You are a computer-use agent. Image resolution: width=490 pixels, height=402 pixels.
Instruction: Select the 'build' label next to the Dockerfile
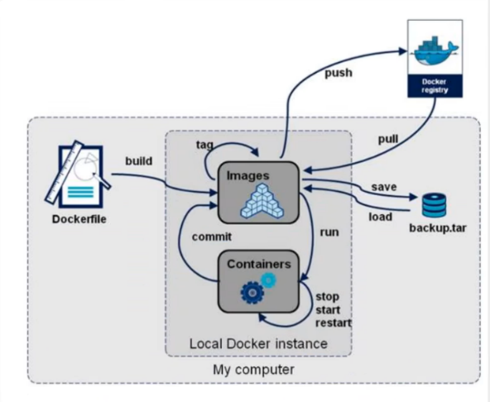point(138,160)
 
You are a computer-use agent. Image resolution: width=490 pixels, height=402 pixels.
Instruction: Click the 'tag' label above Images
point(204,144)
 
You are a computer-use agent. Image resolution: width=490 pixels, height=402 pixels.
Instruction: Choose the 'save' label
point(383,187)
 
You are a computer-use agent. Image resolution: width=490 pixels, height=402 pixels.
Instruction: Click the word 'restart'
point(332,322)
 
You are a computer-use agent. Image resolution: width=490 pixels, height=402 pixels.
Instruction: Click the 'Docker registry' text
point(435,87)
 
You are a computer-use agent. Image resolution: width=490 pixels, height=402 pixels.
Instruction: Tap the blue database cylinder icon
point(433,205)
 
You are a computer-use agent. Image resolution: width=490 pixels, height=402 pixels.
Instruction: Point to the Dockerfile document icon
point(82,175)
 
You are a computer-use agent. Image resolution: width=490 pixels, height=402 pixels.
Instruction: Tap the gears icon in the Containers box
point(252,290)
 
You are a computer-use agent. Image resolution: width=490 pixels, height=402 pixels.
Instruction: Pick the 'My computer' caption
point(252,370)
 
